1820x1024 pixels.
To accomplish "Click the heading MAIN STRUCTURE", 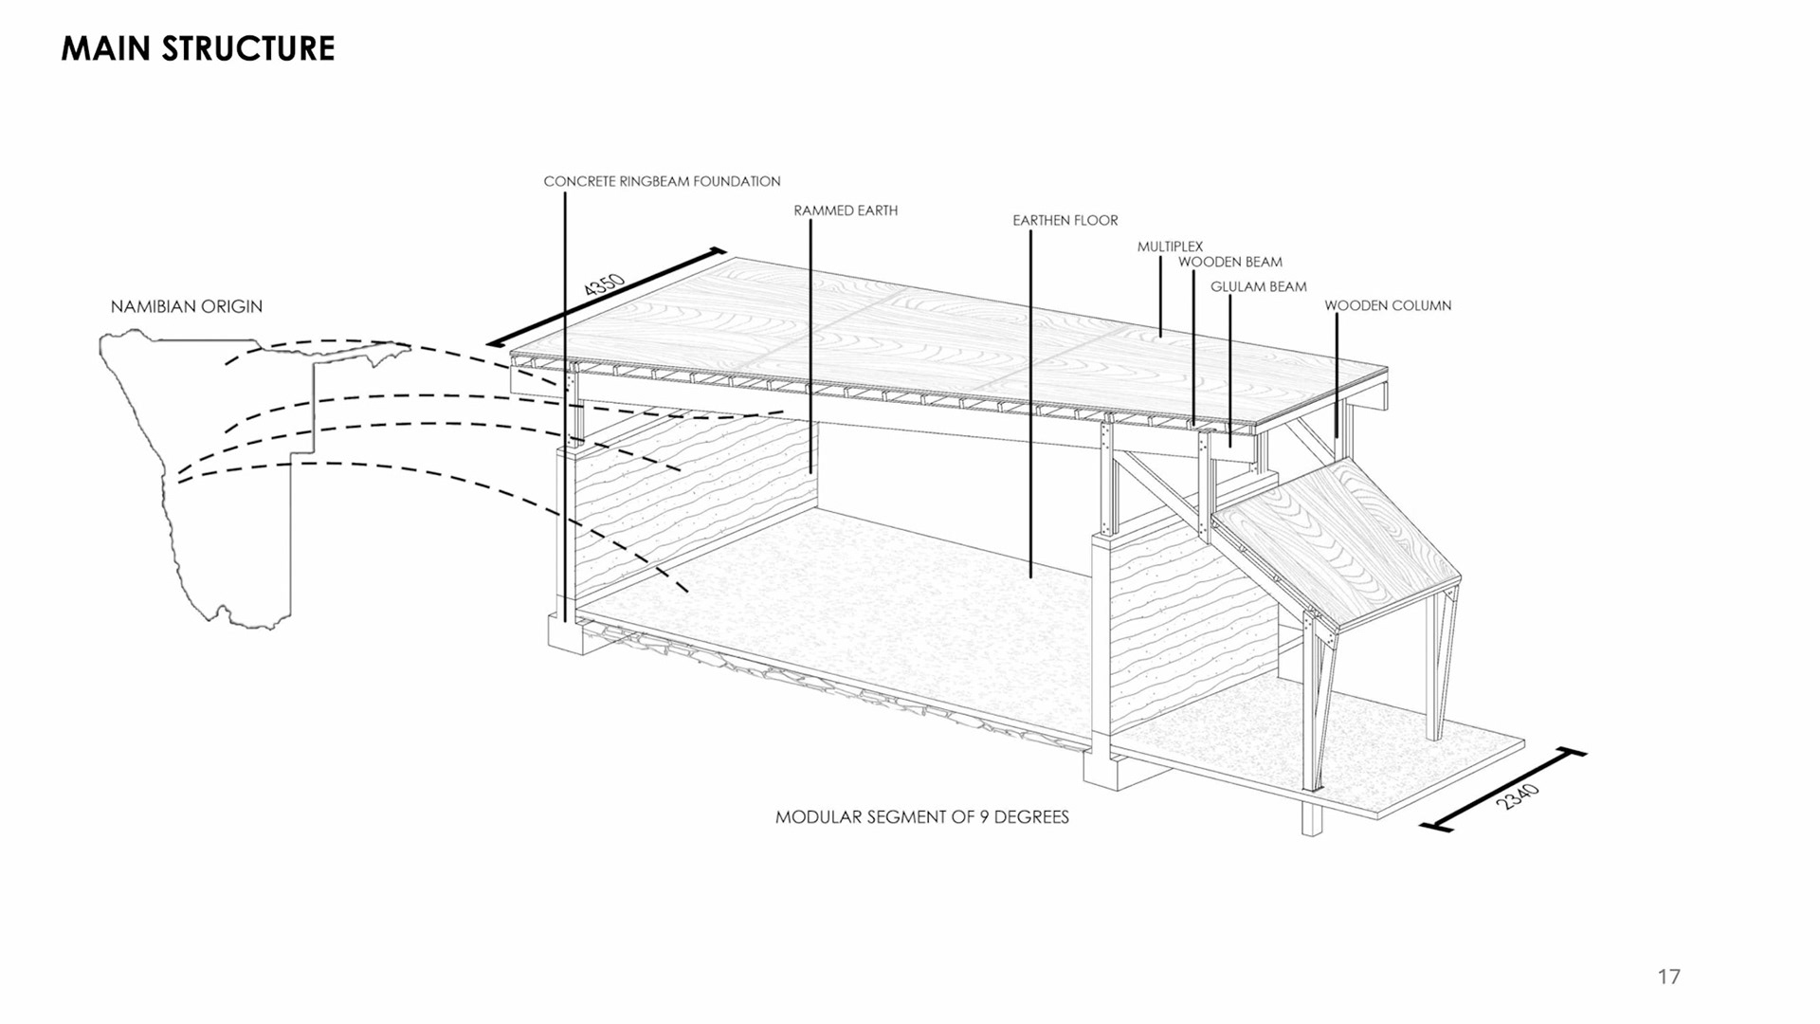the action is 198,48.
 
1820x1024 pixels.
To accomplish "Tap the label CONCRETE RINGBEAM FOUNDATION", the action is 662,181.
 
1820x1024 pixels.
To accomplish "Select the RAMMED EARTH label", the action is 846,210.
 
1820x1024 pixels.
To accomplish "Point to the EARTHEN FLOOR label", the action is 1065,220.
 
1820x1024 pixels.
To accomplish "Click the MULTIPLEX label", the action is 1170,247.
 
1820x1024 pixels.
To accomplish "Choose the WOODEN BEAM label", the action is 1230,262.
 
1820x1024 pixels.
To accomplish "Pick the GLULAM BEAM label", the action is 1258,286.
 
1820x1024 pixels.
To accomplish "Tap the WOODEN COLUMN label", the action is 1388,305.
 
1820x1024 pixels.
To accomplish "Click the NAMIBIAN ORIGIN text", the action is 187,306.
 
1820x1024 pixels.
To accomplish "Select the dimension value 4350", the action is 604,285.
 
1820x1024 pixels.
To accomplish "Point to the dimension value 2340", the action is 1518,796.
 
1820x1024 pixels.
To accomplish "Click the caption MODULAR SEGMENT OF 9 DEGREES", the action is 922,817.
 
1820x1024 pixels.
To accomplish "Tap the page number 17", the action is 1669,977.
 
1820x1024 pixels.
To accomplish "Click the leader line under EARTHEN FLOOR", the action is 1031,398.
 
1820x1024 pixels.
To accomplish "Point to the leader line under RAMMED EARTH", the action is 810,341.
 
